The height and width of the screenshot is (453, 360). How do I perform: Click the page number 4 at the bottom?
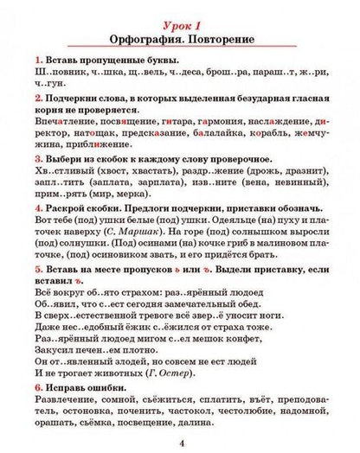[181, 442]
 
